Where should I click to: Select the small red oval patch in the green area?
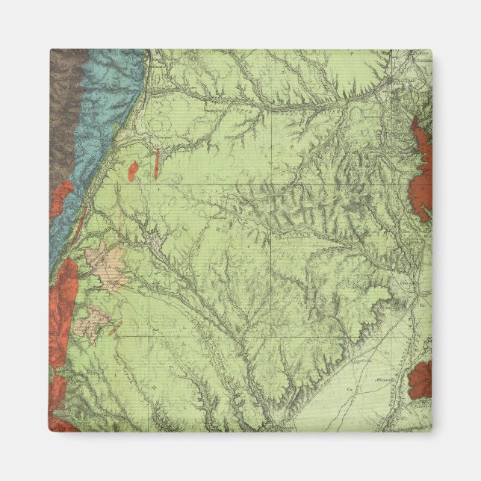[x=133, y=172]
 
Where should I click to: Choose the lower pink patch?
[x=94, y=321]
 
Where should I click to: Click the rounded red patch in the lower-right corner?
[x=421, y=379]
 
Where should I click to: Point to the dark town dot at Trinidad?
[x=391, y=79]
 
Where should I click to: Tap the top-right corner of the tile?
[x=431, y=51]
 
